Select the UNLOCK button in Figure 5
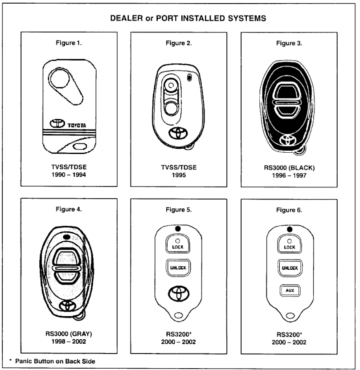[178, 267]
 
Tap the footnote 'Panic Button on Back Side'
[55, 361]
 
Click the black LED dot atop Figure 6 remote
[290, 229]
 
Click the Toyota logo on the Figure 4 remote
[67, 305]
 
